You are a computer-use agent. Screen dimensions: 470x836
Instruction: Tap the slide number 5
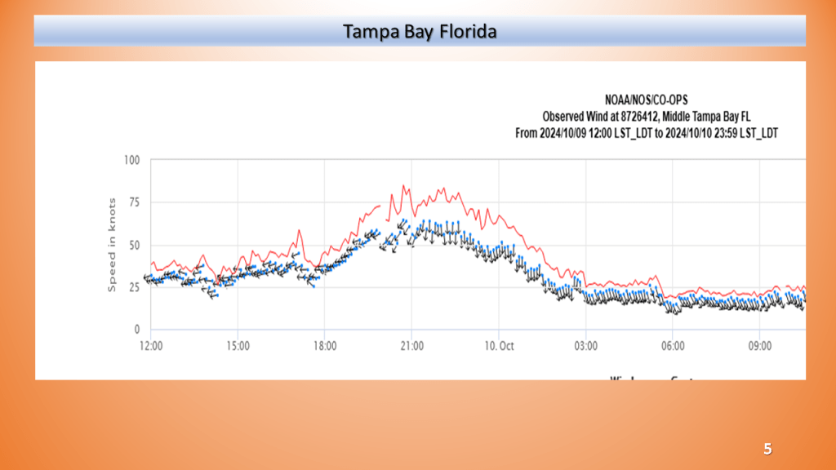[767, 449]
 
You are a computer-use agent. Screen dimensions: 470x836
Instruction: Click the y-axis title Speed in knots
[112, 245]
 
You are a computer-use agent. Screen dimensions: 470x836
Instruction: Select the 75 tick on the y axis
[133, 203]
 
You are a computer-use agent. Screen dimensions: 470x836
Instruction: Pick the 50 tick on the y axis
[133, 246]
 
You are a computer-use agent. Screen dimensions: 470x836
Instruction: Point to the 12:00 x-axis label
[151, 346]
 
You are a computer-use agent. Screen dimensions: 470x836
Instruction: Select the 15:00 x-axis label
[238, 346]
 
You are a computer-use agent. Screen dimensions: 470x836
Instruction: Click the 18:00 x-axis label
[325, 346]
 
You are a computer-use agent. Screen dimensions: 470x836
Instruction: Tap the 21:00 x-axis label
[411, 346]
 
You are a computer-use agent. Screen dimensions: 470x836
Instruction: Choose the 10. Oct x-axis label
[499, 346]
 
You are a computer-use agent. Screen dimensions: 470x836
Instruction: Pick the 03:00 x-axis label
[585, 346]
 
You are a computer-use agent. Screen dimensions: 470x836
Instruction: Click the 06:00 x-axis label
[673, 346]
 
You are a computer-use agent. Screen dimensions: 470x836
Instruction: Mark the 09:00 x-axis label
[759, 346]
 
